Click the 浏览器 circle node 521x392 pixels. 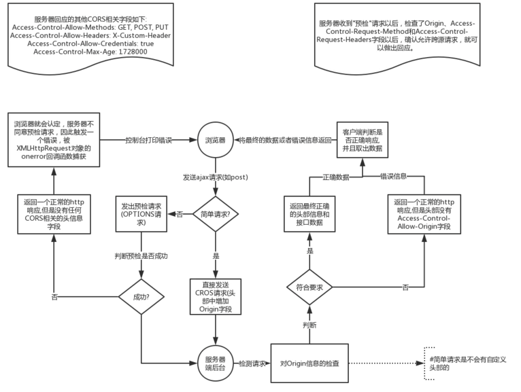tap(214, 141)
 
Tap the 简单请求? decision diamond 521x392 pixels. tap(214, 215)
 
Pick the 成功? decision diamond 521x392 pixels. tap(141, 296)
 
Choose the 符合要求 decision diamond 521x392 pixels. tap(309, 288)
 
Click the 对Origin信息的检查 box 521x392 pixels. tap(310, 364)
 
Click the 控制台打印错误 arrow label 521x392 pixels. tap(149, 141)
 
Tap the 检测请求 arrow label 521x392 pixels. tap(252, 364)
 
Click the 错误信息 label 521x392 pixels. tap(392, 176)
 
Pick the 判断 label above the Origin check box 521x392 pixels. tap(309, 325)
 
